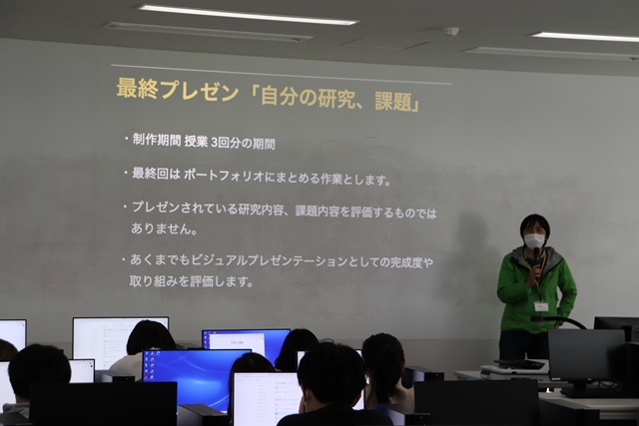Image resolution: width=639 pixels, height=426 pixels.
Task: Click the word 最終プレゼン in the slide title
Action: tap(178, 90)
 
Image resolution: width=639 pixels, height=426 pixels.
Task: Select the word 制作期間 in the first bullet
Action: tap(157, 140)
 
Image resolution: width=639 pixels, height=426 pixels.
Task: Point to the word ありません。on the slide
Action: tap(164, 228)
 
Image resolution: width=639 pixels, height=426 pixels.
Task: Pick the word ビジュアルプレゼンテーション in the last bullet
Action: tap(270, 260)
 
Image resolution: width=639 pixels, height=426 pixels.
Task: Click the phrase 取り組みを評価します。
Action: tap(191, 281)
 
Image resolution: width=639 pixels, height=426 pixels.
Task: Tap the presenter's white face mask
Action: tap(534, 240)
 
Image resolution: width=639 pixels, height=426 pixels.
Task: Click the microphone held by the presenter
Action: tap(536, 258)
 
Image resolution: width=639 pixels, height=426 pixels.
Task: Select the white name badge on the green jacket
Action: tap(541, 306)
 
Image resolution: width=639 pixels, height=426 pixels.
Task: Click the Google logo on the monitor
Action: tap(237, 342)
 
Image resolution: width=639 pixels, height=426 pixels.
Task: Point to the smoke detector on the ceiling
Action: tap(450, 31)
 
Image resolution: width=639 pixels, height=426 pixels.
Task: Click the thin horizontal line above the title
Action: tap(282, 74)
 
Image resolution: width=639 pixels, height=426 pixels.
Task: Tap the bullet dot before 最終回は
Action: tap(126, 173)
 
